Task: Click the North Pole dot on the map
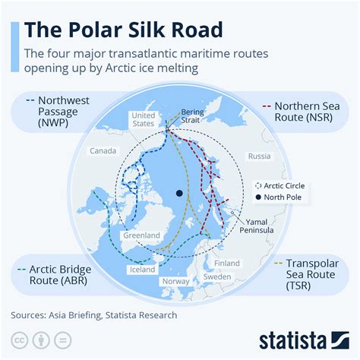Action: point(179,194)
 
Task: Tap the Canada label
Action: point(103,151)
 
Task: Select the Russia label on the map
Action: point(259,156)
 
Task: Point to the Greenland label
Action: point(141,235)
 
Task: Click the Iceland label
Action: point(142,270)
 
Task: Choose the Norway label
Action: point(175,281)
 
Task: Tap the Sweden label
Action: point(217,276)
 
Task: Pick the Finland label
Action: point(227,264)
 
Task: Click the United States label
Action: point(144,119)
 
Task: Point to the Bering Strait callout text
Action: point(192,115)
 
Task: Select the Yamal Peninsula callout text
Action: point(257,226)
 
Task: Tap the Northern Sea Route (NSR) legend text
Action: point(307,112)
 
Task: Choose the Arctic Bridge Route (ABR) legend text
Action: point(60,275)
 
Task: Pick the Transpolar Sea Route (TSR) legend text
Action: point(312,275)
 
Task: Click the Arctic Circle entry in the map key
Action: point(280,186)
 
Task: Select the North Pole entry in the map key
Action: point(279,197)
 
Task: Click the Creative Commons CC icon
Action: point(19,340)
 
